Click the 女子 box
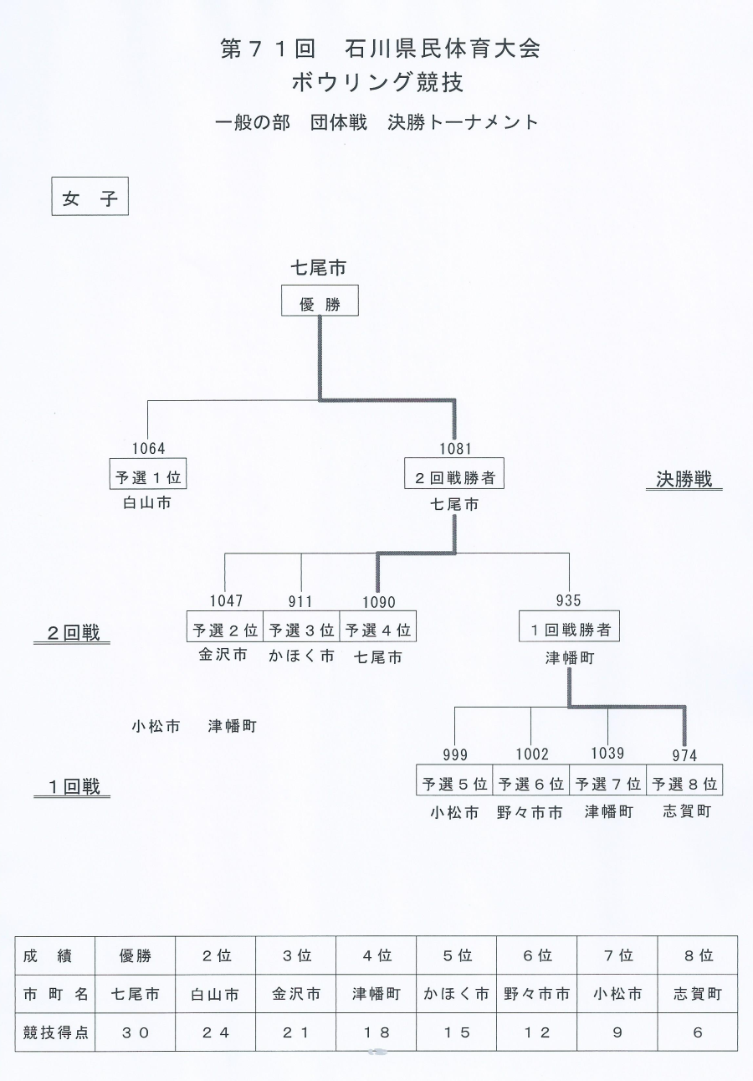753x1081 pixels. click(90, 196)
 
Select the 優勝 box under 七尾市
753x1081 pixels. click(320, 300)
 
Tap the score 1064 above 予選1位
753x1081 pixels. click(148, 448)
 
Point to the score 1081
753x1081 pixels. click(455, 448)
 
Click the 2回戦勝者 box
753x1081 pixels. click(454, 473)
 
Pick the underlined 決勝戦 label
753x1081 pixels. click(684, 480)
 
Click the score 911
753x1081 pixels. click(300, 601)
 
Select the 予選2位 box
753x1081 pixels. click(225, 626)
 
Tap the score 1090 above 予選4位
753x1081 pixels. click(379, 602)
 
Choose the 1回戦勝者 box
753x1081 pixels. click(569, 626)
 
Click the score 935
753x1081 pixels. click(568, 600)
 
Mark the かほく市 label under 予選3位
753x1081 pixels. click(301, 656)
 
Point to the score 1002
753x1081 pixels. click(532, 754)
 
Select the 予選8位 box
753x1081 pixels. click(684, 780)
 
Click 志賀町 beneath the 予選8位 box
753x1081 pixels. click(687, 811)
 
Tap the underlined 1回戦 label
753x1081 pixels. click(72, 788)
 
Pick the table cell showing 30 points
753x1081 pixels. click(135, 1032)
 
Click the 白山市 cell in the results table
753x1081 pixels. click(215, 994)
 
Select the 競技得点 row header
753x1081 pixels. click(55, 1032)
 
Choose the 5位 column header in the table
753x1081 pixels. click(457, 955)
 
